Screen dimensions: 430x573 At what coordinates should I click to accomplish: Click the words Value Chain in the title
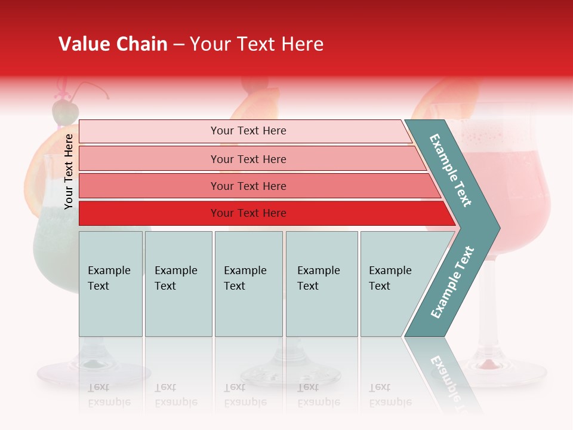(113, 44)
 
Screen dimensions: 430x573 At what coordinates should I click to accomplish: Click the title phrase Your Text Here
(256, 44)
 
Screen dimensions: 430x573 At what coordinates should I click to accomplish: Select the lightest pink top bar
(248, 131)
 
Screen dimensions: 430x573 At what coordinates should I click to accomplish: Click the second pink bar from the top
(248, 159)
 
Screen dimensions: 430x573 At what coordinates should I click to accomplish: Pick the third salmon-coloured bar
(248, 186)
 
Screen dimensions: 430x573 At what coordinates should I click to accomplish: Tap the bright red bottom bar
(248, 213)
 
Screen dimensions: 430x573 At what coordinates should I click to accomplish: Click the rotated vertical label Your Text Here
(69, 171)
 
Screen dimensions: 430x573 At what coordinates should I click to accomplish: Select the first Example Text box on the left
(110, 284)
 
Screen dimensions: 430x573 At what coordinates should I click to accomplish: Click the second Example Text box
(178, 284)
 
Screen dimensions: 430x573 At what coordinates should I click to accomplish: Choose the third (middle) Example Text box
(248, 284)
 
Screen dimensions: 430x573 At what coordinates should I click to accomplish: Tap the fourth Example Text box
(321, 284)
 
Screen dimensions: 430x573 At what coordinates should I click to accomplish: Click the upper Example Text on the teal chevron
(451, 170)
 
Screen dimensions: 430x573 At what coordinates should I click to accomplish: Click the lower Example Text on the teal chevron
(452, 282)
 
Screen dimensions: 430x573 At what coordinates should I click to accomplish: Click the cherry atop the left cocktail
(64, 111)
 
